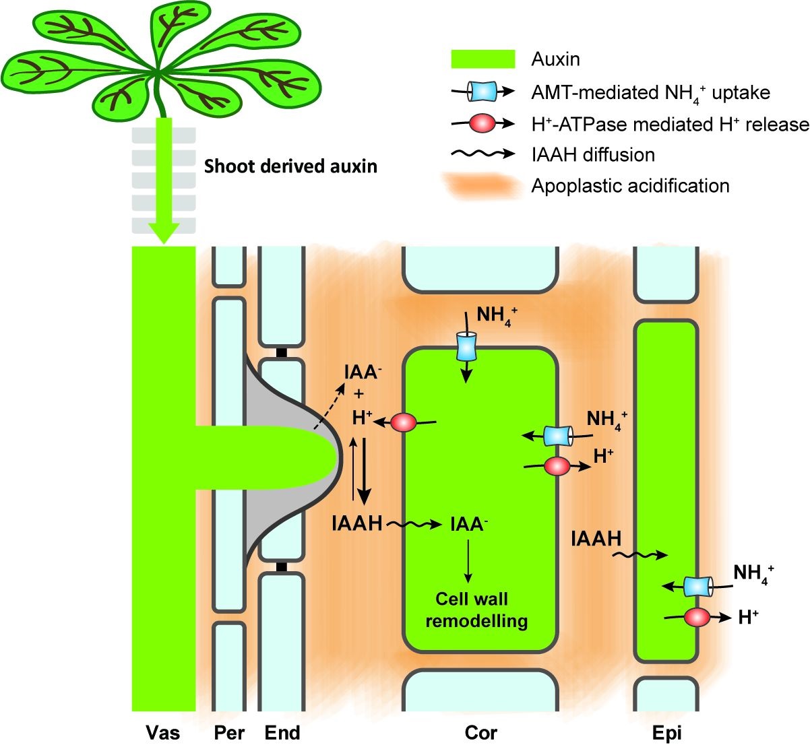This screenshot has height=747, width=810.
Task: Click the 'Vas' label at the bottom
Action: coord(163,732)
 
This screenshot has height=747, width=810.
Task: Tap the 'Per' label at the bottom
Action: coord(229,732)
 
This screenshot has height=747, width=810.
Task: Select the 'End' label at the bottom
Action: coord(282,732)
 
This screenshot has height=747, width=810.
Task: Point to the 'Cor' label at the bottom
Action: coord(480,732)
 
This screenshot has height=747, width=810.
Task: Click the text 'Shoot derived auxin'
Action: coord(290,166)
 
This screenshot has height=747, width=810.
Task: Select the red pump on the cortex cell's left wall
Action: coord(404,422)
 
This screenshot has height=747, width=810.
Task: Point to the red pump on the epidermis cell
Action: coord(697,616)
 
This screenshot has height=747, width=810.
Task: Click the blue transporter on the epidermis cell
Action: coord(698,586)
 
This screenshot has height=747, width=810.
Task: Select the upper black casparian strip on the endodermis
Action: coord(282,352)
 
